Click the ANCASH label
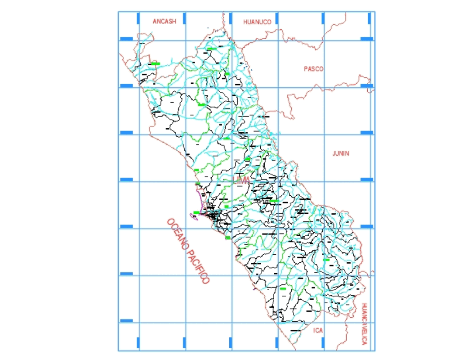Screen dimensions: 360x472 click(164, 21)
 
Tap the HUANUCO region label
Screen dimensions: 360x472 click(257, 22)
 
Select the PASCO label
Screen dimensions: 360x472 click(313, 69)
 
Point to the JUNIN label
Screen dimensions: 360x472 click(341, 153)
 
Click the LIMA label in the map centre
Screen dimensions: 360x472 click(241, 180)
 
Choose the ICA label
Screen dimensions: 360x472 click(318, 330)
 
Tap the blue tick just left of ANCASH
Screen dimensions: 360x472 click(138, 18)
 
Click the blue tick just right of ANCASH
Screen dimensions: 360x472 click(185, 18)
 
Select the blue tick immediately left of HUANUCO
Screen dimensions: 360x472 click(231, 18)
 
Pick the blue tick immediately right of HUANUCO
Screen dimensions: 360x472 click(277, 18)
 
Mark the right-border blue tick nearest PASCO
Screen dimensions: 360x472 click(367, 85)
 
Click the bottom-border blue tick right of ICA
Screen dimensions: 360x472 click(323, 342)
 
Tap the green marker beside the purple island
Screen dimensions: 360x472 click(196, 212)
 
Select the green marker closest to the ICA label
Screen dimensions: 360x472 click(283, 288)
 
